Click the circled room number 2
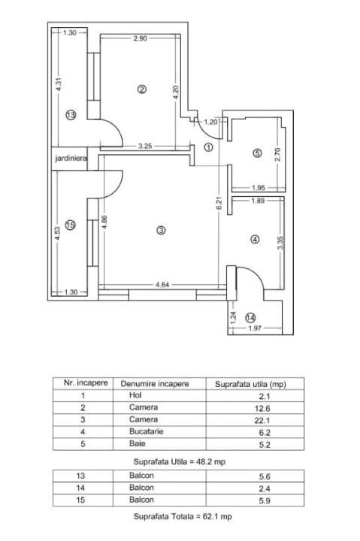click(142, 89)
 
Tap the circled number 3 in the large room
click(161, 230)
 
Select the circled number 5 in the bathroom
click(257, 153)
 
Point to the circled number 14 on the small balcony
click(250, 317)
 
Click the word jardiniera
click(71, 159)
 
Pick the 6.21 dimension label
click(219, 203)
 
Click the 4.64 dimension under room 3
click(162, 285)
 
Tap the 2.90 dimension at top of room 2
click(140, 38)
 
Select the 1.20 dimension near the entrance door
click(211, 122)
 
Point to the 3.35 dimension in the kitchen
click(280, 243)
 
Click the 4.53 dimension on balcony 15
click(58, 233)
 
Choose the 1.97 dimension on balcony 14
click(255, 328)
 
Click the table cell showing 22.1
click(265, 420)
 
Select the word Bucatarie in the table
click(146, 431)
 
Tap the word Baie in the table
click(137, 443)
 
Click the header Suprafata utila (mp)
click(250, 384)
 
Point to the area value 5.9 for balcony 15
click(265, 500)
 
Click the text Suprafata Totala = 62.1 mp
click(183, 516)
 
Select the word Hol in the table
click(135, 395)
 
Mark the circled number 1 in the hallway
click(208, 147)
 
